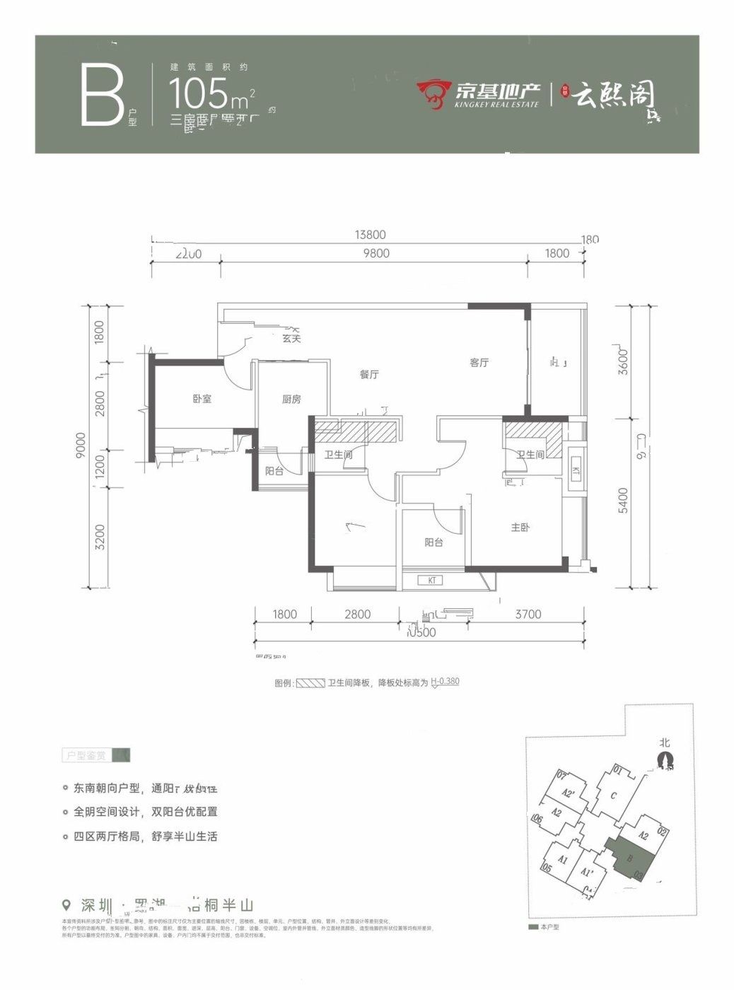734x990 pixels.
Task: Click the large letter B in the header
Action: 103,95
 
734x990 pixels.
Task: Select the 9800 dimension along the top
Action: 375,253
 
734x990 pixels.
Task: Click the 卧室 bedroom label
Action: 202,399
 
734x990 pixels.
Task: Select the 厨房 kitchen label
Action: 291,400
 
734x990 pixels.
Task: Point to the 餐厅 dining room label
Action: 368,374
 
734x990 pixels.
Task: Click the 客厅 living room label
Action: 479,363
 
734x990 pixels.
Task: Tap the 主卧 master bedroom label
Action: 520,528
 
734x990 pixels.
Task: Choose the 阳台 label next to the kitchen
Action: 274,471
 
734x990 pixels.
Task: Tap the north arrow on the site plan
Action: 664,759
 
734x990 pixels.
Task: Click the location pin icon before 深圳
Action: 67,905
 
